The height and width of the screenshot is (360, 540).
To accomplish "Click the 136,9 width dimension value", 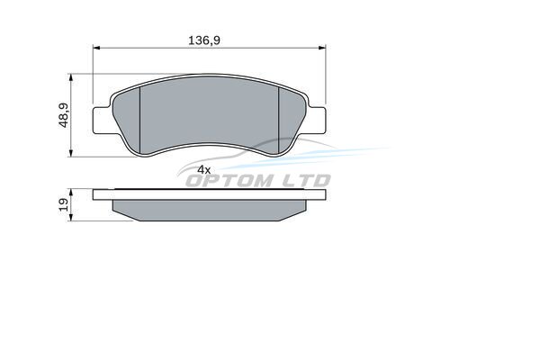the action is (x=204, y=40).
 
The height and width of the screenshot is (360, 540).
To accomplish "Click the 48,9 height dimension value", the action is (x=64, y=115).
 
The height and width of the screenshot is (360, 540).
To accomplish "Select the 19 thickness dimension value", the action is (x=64, y=204).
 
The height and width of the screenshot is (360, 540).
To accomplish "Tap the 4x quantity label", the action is (x=204, y=169).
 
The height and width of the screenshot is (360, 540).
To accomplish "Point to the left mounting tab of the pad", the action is (x=103, y=120).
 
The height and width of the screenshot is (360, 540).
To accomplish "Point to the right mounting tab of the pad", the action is (x=316, y=120).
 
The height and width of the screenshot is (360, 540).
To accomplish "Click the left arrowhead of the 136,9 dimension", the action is (x=96, y=48).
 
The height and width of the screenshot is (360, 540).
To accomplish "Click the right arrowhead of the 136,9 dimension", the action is (x=322, y=48).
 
